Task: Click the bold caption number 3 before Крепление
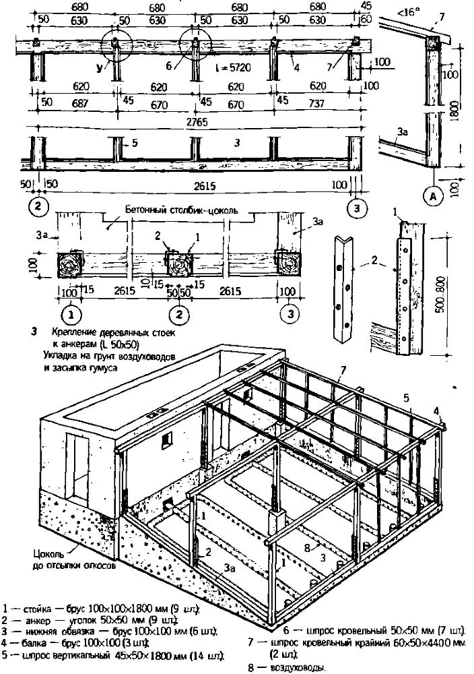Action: click(x=34, y=332)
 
